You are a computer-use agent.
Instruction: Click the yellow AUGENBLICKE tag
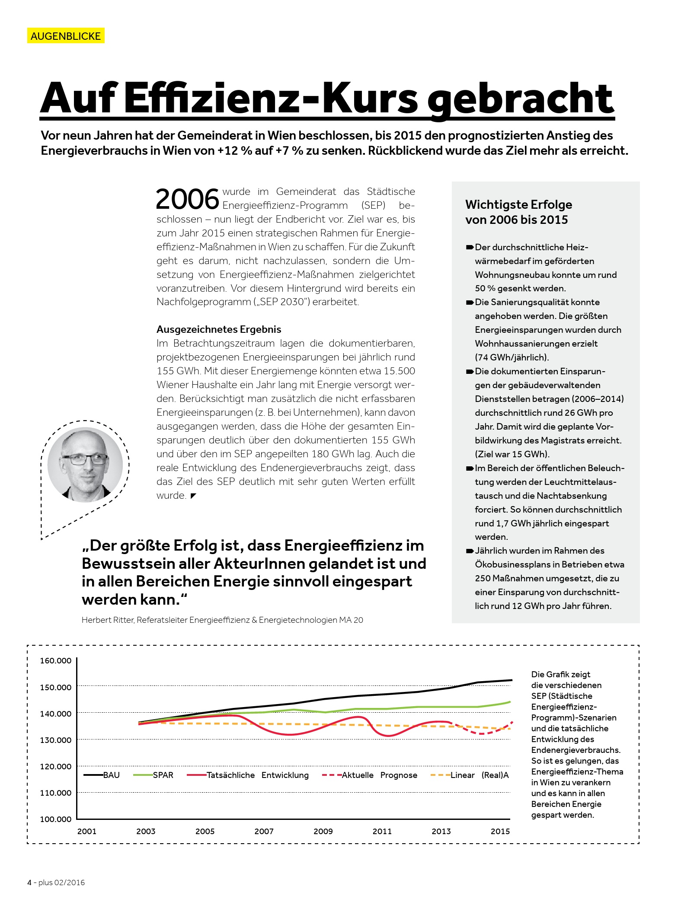pyautogui.click(x=66, y=36)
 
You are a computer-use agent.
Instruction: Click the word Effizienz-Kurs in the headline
pyautogui.click(x=271, y=99)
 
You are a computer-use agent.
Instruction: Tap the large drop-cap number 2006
pyautogui.click(x=187, y=199)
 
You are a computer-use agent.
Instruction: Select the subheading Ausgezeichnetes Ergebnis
pyautogui.click(x=219, y=329)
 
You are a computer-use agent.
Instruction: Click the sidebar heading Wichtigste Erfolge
pyautogui.click(x=518, y=204)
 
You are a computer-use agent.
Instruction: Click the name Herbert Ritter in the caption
pyautogui.click(x=108, y=620)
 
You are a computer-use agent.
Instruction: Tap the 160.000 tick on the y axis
pyautogui.click(x=56, y=660)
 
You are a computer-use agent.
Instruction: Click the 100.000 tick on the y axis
pyautogui.click(x=56, y=819)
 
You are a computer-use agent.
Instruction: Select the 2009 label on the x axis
pyautogui.click(x=323, y=831)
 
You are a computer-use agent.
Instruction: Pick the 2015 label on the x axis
pyautogui.click(x=500, y=831)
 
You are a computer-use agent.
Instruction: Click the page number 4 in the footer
pyautogui.click(x=29, y=883)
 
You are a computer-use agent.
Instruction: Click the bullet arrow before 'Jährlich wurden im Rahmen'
pyautogui.click(x=470, y=551)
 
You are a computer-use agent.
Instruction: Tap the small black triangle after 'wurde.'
pyautogui.click(x=193, y=496)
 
